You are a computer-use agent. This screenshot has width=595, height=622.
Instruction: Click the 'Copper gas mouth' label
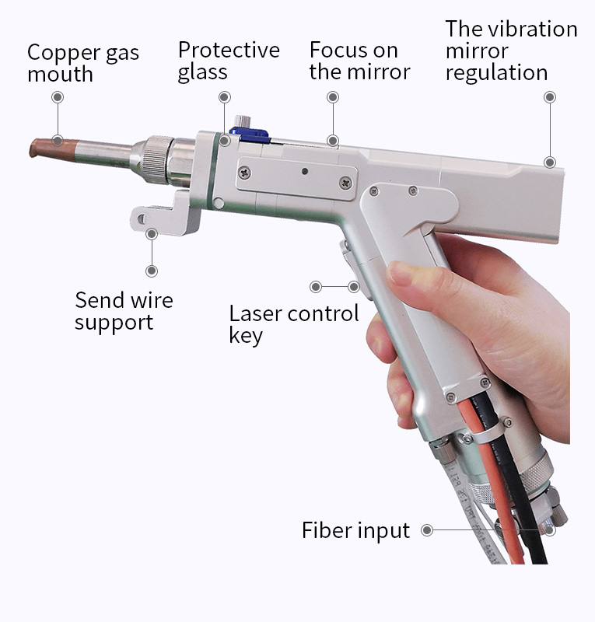tap(83, 63)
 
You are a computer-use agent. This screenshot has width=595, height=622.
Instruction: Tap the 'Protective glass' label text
tap(229, 61)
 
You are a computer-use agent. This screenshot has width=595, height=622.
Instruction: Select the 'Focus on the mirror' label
tap(359, 61)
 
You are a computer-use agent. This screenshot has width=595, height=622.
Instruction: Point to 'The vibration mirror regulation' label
tap(511, 51)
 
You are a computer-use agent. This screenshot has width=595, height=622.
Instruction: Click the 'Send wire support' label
tap(124, 311)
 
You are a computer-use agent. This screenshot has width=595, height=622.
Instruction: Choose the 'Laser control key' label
tap(294, 325)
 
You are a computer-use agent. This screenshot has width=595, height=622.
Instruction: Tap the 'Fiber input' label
tap(355, 530)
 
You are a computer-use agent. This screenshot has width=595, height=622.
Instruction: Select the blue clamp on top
tap(250, 135)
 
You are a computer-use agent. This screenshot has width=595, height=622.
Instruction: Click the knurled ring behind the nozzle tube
tap(157, 159)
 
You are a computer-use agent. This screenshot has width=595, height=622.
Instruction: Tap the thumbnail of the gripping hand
tap(400, 274)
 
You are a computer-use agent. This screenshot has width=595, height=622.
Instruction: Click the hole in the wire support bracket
tap(142, 219)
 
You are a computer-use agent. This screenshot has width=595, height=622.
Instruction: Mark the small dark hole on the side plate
tap(304, 171)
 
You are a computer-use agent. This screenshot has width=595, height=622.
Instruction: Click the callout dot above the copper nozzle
tap(58, 97)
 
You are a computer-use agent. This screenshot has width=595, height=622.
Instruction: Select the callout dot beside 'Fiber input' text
tap(427, 530)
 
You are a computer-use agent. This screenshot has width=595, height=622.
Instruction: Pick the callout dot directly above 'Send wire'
tap(151, 271)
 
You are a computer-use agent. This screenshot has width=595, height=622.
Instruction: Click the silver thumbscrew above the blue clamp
tap(242, 121)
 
